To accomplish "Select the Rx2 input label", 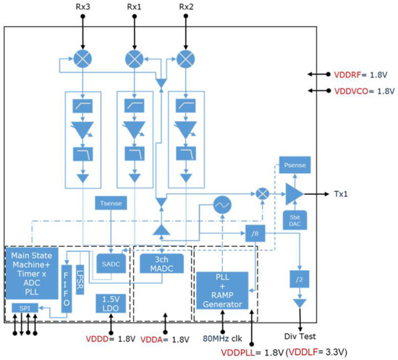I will pyautogui.click(x=187, y=8).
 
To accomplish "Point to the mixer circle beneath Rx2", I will pyautogui.click(x=187, y=57).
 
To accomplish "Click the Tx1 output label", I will pyautogui.click(x=343, y=194).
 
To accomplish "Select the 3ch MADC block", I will pyautogui.click(x=164, y=264).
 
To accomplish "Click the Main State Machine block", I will pyautogui.click(x=31, y=273).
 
